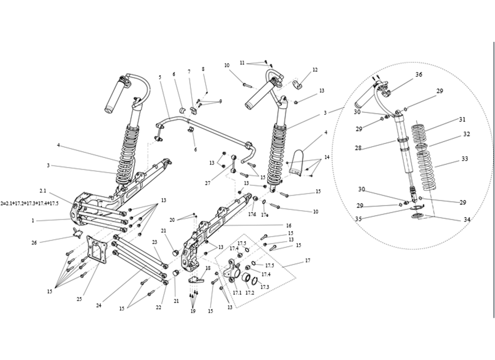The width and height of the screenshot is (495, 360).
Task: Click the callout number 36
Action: click(x=418, y=75)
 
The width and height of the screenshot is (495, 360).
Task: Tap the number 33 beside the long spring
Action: click(x=464, y=159)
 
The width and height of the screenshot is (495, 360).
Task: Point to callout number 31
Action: click(x=462, y=120)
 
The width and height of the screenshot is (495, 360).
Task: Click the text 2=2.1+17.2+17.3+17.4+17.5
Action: click(x=30, y=203)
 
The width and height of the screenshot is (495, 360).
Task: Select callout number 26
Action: click(x=35, y=243)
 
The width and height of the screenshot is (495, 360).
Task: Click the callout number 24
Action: click(x=98, y=305)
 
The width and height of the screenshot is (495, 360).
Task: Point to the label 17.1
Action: click(x=237, y=292)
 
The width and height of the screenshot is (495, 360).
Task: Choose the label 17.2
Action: click(x=250, y=292)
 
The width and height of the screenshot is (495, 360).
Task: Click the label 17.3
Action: click(x=265, y=287)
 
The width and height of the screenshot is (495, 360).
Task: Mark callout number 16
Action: click(x=288, y=225)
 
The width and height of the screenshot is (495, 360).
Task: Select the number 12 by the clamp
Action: click(x=315, y=70)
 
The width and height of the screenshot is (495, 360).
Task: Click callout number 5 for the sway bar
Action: click(x=160, y=77)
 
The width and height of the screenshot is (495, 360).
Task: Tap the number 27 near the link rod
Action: click(x=207, y=183)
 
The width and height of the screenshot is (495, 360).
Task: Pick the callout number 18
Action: click(x=208, y=268)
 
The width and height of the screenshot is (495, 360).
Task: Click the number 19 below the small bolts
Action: click(x=193, y=311)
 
